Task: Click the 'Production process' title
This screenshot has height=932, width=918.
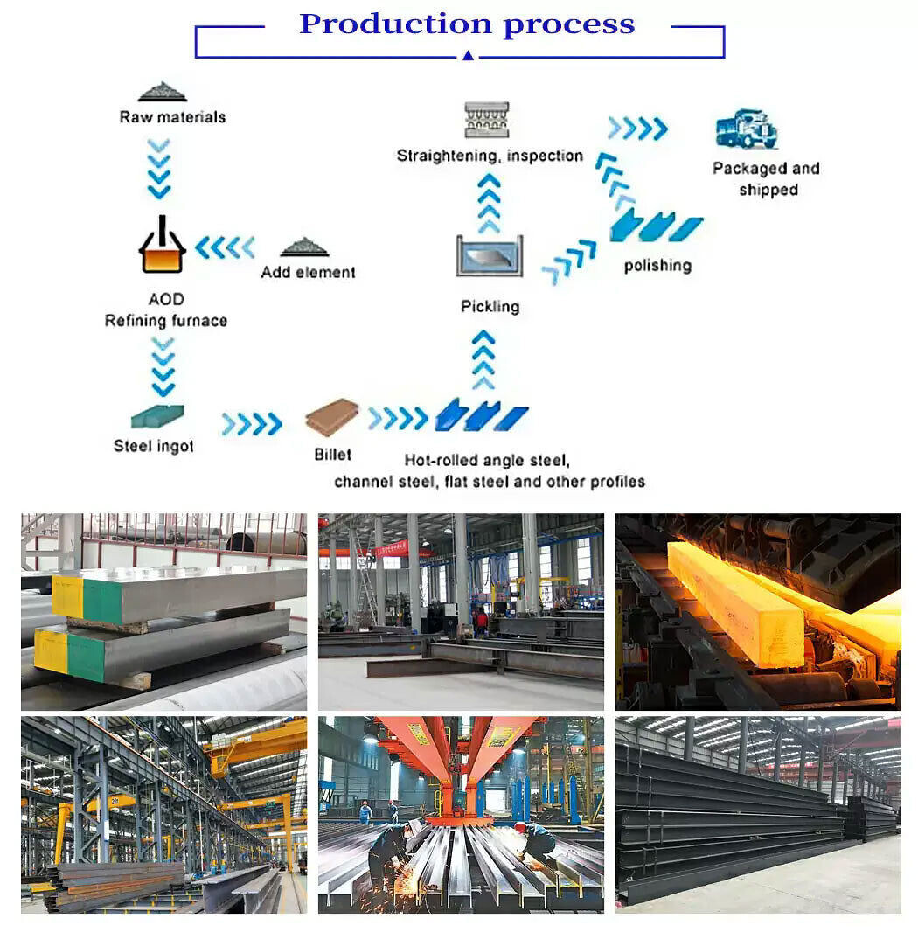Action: pos(467,24)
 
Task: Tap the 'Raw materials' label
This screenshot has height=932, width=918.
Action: pos(172,117)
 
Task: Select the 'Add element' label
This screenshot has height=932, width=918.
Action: pos(308,273)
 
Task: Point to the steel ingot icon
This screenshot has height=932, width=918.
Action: pos(157,416)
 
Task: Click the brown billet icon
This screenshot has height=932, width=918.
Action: pos(332,417)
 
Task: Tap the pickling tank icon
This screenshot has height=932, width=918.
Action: pos(490,256)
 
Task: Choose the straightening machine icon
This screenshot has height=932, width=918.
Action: pos(487,120)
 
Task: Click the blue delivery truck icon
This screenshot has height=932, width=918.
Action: pos(746,129)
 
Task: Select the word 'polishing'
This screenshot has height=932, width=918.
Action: pos(657,266)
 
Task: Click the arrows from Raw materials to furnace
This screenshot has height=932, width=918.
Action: pos(159,168)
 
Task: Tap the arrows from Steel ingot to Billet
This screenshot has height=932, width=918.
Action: pos(251,424)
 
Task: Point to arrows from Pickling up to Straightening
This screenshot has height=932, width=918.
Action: pos(489,203)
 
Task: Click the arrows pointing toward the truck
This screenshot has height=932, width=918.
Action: pos(637,129)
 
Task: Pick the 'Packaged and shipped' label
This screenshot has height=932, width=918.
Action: pos(766,179)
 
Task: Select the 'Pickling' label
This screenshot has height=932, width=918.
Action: pos(490,307)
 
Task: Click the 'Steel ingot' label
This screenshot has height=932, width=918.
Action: pos(154,447)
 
